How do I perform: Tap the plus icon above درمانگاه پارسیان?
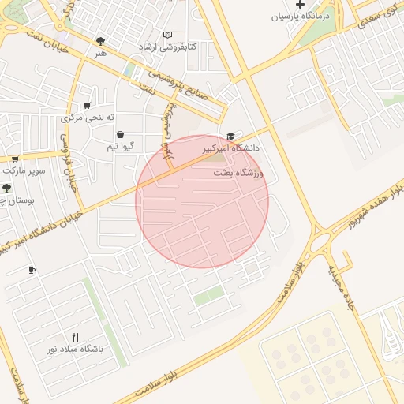299,4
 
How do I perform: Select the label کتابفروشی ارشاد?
166,47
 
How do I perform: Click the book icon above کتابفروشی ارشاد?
166,35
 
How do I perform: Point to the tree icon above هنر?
99,41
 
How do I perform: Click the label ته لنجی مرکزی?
83,118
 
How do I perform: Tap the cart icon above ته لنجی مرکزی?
86,105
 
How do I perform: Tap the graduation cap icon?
230,136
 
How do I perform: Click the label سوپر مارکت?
24,170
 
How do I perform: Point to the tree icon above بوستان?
6,188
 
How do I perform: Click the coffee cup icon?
32,271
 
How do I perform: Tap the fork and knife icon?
76,337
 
